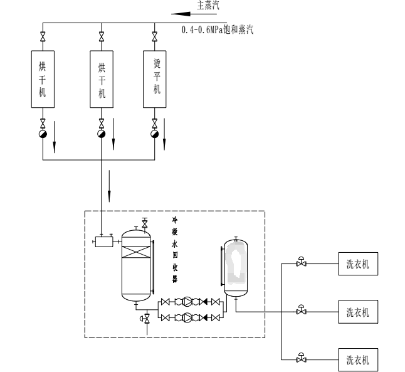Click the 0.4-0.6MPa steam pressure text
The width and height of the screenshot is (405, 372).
click(x=216, y=29)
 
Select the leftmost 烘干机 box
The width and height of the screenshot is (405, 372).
click(x=43, y=78)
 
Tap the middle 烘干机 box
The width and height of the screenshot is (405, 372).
click(x=102, y=78)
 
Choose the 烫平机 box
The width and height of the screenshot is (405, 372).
click(x=155, y=78)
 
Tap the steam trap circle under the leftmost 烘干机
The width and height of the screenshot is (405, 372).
click(x=43, y=134)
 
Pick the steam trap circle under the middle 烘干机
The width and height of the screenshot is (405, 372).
click(x=102, y=134)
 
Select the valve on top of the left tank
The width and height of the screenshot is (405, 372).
click(x=145, y=224)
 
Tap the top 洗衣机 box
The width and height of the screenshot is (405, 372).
click(x=358, y=263)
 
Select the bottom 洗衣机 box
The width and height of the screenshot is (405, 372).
click(x=358, y=359)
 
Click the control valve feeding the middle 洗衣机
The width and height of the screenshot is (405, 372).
click(x=302, y=311)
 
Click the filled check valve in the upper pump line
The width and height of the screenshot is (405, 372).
click(x=205, y=302)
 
